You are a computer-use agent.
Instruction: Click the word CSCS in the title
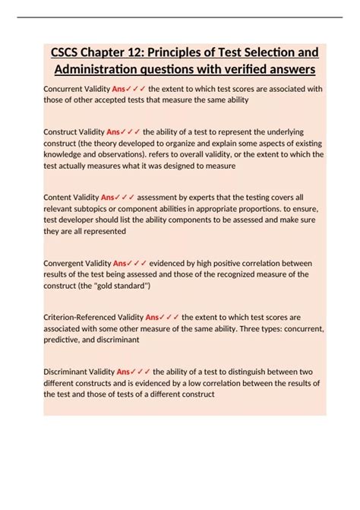pyautogui.click(x=71, y=52)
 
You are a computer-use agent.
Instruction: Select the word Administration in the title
pyautogui.click(x=96, y=69)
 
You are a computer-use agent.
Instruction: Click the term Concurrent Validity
pyautogui.click(x=72, y=89)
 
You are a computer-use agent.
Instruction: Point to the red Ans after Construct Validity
pyautogui.click(x=114, y=131)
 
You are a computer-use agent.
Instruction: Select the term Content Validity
pyautogui.click(x=68, y=196)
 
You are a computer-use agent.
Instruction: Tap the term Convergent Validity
pyautogui.click(x=77, y=263)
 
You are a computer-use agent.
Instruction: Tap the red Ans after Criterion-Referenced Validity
pyautogui.click(x=153, y=318)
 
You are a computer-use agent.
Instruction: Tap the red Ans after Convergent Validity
pyautogui.click(x=120, y=263)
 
